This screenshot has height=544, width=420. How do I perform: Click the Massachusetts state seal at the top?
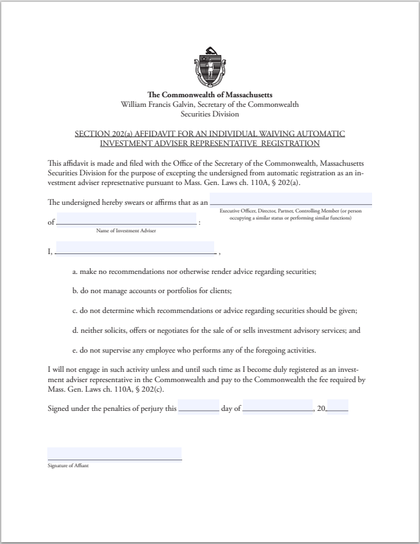tap(210, 67)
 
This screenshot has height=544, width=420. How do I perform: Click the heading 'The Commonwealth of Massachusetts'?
tap(210, 95)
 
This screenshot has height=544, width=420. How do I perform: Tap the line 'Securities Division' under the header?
tap(210, 115)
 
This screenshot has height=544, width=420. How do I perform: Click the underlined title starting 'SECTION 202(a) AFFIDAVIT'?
tap(210, 138)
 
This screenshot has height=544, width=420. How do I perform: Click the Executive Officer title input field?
tap(291, 200)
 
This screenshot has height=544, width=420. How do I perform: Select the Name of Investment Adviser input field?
tap(127, 219)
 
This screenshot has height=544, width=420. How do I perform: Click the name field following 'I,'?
tap(135, 248)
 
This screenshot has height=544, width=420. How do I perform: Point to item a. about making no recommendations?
tap(194, 271)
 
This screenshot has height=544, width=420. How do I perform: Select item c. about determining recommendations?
tap(214, 311)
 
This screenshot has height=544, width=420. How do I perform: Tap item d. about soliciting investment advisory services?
tap(217, 331)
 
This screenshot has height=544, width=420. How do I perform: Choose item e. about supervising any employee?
tap(194, 351)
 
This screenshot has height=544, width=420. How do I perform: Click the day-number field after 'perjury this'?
tap(199, 406)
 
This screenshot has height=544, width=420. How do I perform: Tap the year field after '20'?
tap(337, 406)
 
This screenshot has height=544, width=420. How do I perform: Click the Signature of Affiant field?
tap(114, 454)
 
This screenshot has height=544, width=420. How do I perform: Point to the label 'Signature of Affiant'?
tap(68, 466)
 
